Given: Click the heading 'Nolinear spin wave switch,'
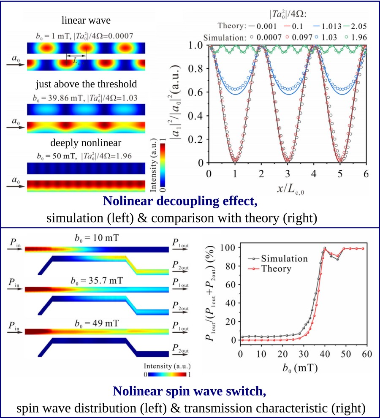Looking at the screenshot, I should [190, 392].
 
